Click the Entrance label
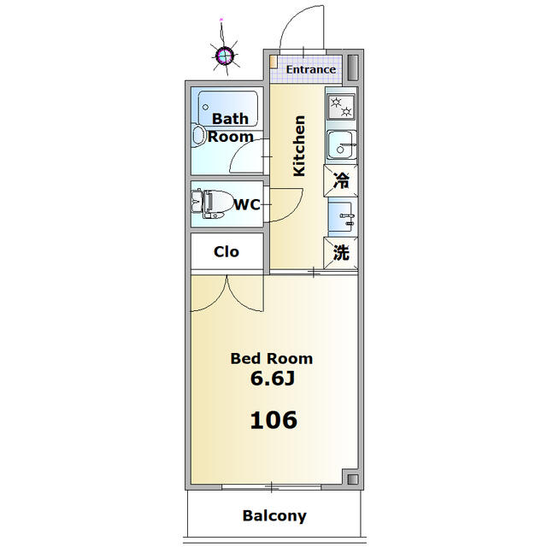[311, 69]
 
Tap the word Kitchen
[299, 146]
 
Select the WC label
[247, 204]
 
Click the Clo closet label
[226, 251]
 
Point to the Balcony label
[274, 515]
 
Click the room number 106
[273, 420]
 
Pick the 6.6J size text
[273, 379]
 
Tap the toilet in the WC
[212, 204]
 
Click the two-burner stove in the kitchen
[341, 107]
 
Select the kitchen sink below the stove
[342, 144]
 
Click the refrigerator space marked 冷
[341, 180]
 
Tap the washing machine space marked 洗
[341, 253]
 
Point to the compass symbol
[224, 55]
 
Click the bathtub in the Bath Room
[228, 109]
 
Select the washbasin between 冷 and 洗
[341, 216]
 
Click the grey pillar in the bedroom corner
[353, 479]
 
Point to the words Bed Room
[272, 359]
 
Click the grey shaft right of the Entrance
[353, 68]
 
